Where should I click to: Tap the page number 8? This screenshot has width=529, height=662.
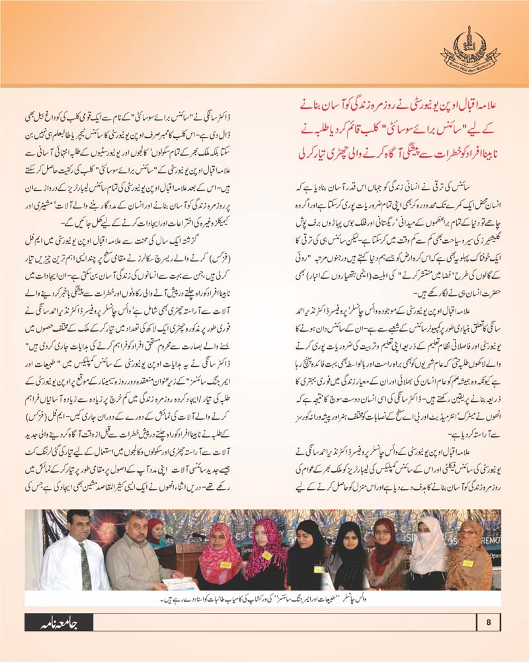489,622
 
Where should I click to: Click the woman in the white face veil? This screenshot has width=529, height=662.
427,553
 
